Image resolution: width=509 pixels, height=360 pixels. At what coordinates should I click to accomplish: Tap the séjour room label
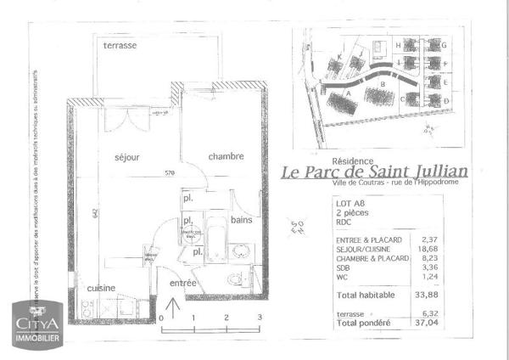tap(126, 158)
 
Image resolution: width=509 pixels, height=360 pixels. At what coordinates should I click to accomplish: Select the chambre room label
tap(226, 156)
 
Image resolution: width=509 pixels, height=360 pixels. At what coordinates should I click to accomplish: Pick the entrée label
tap(183, 283)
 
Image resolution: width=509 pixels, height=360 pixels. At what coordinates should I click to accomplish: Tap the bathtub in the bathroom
tap(215, 240)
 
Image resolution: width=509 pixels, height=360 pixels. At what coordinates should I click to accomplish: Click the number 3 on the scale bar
tap(259, 317)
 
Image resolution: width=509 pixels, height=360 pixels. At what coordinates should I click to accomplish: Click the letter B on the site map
tap(383, 84)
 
